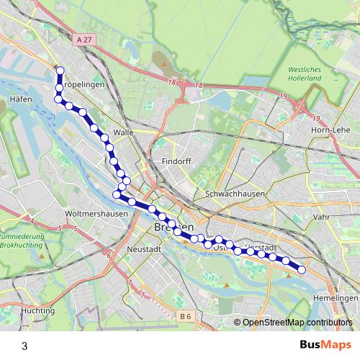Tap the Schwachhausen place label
click(235, 194)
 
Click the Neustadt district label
click(142, 246)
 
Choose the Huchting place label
click(38, 310)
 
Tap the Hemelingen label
click(336, 298)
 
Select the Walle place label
click(124, 132)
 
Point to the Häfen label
click(22, 99)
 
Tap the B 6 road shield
click(186, 315)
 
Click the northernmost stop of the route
click(60, 71)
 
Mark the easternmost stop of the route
click(302, 270)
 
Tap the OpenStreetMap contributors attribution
click(297, 323)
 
